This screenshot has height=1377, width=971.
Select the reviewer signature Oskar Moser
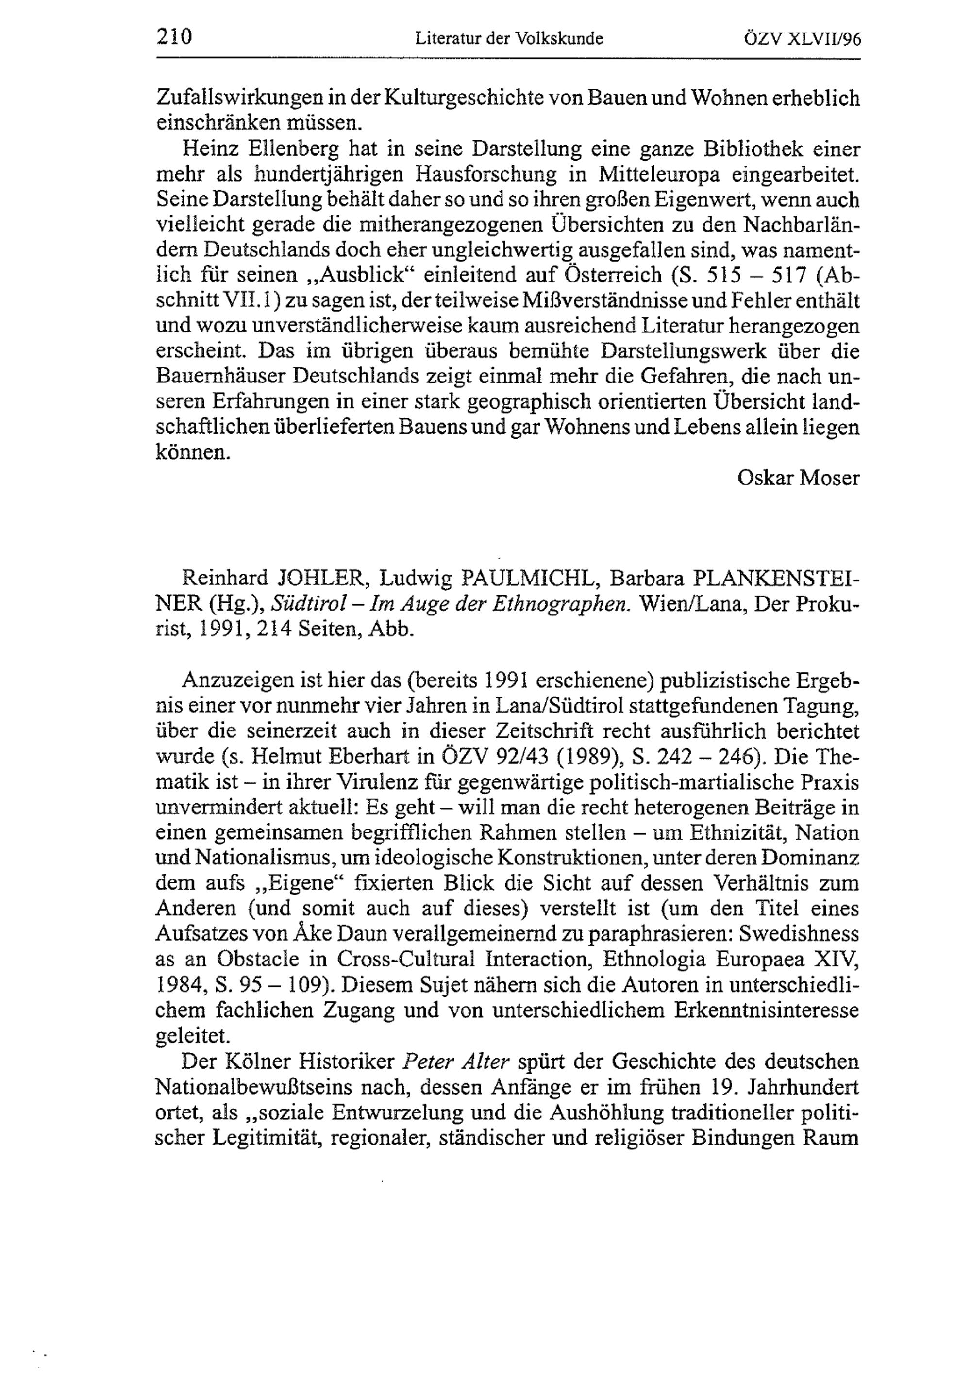click(x=798, y=478)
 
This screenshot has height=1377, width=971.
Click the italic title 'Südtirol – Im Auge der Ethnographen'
click(x=451, y=603)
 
